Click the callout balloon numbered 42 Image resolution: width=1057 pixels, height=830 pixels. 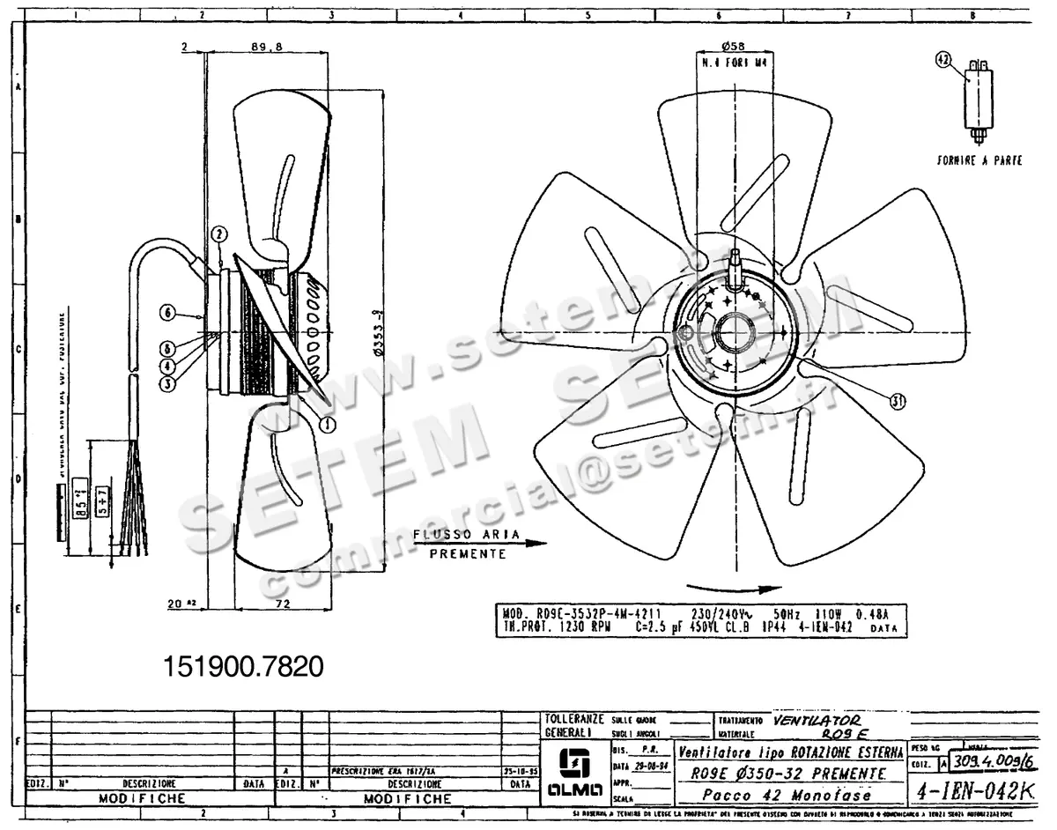(943, 60)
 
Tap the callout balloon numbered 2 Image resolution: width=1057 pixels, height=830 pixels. (219, 233)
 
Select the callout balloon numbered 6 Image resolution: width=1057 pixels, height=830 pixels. (169, 311)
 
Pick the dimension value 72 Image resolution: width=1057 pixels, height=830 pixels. (283, 604)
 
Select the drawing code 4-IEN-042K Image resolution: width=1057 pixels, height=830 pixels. (974, 791)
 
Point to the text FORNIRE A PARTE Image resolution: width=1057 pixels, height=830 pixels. (979, 163)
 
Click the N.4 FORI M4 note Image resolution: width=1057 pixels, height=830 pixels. (734, 63)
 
